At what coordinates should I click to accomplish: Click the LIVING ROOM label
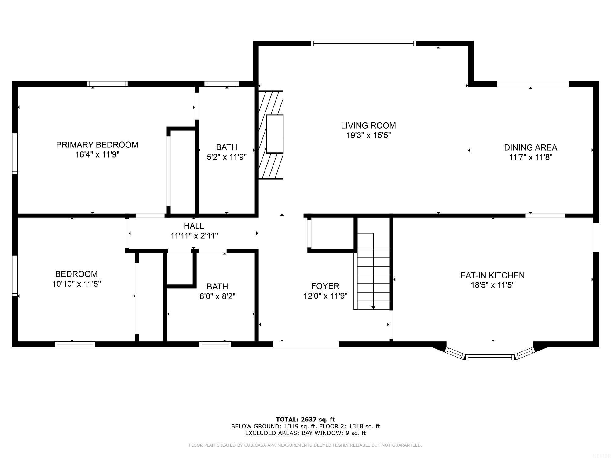[368, 125]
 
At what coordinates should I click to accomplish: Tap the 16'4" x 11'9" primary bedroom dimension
[97, 155]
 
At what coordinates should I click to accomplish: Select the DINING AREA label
[530, 147]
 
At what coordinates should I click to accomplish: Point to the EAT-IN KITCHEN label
[492, 275]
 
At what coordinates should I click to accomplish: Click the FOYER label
[325, 286]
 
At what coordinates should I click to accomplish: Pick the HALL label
[194, 226]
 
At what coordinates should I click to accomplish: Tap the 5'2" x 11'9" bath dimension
[226, 157]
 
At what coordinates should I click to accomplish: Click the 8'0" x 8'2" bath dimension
[217, 296]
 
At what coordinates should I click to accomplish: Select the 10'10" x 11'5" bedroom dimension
[76, 284]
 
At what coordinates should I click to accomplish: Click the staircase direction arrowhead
[373, 307]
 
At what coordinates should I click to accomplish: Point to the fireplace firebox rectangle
[275, 134]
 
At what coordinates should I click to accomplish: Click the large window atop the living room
[363, 43]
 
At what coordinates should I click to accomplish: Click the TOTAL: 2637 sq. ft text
[305, 420]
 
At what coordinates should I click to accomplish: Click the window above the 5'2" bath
[221, 84]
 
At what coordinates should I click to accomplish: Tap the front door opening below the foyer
[306, 344]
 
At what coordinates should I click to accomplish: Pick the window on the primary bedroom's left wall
[15, 154]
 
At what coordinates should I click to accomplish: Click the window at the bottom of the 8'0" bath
[215, 344]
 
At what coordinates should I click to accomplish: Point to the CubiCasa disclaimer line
[305, 445]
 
